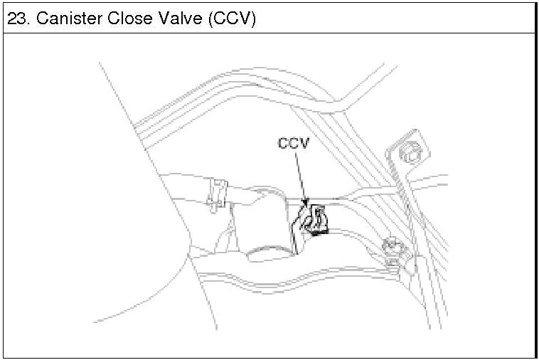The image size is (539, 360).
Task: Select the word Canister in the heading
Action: (65, 18)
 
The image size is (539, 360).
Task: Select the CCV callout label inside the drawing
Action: (293, 143)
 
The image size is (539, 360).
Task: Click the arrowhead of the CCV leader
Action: (306, 204)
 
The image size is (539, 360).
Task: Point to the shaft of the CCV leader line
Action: (299, 174)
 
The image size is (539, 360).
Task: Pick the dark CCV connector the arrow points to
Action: (313, 220)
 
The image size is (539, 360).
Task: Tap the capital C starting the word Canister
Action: (43, 18)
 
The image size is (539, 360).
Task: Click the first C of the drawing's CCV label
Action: (283, 143)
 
